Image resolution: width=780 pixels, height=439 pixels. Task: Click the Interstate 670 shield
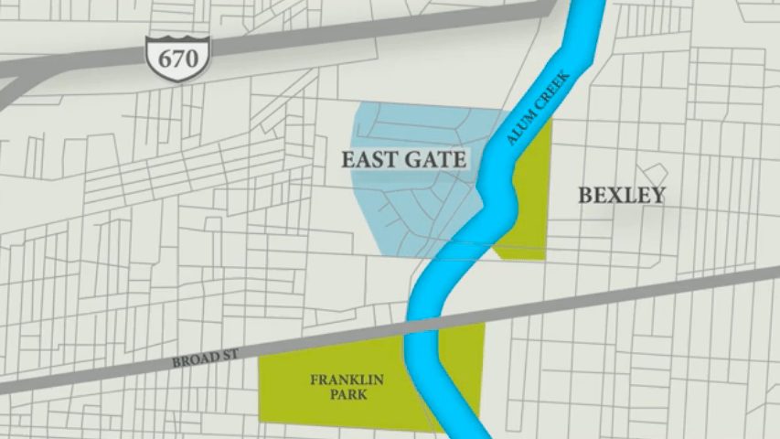coord(177,59)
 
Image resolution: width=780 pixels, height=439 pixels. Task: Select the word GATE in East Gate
coord(438,159)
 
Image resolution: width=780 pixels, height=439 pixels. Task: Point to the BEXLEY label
coord(622,195)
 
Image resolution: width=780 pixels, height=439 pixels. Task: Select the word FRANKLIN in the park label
coord(347,380)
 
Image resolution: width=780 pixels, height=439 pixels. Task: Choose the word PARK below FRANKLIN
coord(347,395)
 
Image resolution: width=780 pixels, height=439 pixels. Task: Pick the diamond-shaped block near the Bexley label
coord(655,174)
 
